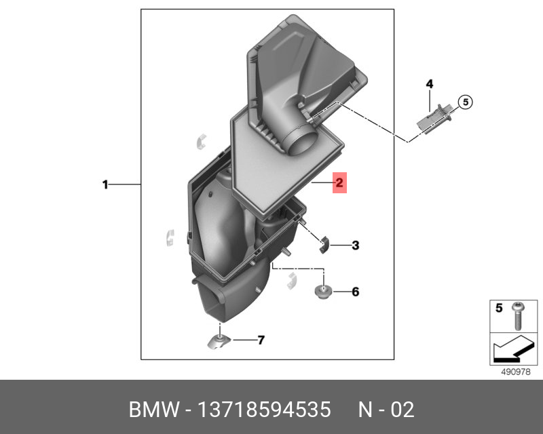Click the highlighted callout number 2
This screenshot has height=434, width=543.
339,182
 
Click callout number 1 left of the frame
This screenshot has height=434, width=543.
106,185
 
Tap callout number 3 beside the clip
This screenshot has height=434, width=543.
355,245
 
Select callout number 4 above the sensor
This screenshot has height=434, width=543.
430,84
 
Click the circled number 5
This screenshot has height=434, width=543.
466,102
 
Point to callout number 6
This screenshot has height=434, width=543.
355,292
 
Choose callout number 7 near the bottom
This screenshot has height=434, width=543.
261,340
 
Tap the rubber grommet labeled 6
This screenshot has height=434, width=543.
323,292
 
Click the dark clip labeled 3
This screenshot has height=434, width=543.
324,245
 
